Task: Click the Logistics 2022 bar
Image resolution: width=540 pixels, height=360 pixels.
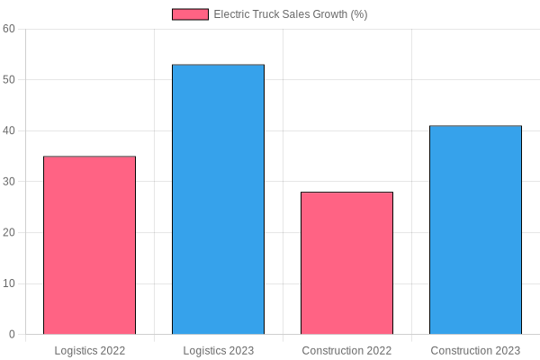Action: tap(89, 245)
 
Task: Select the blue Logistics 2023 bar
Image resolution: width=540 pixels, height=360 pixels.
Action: tap(218, 200)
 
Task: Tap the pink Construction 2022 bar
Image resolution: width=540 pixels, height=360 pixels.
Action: tap(346, 263)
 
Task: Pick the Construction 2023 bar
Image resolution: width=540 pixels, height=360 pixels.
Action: tap(475, 229)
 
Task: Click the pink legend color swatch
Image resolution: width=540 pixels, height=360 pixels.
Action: tap(190, 14)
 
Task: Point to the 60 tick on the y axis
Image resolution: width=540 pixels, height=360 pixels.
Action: tap(9, 29)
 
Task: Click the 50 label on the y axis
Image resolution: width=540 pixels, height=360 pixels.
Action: tap(9, 80)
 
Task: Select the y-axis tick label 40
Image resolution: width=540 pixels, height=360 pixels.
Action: tap(9, 130)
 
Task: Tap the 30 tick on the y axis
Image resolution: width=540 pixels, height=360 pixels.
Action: tap(9, 182)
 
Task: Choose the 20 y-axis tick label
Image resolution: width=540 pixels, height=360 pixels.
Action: tap(9, 233)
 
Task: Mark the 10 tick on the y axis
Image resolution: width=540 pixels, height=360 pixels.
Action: tap(9, 283)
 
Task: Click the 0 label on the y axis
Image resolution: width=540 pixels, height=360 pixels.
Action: tap(12, 335)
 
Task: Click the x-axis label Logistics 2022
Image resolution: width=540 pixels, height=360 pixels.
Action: tap(89, 350)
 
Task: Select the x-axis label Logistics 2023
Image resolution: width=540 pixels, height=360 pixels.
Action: tap(218, 350)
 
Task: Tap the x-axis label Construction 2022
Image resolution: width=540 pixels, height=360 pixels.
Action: tap(346, 350)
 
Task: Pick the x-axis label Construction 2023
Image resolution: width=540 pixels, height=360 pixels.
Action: tap(475, 350)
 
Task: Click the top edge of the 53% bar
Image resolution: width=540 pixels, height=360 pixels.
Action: tap(218, 65)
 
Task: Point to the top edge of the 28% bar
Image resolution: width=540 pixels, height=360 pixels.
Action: tap(346, 193)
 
